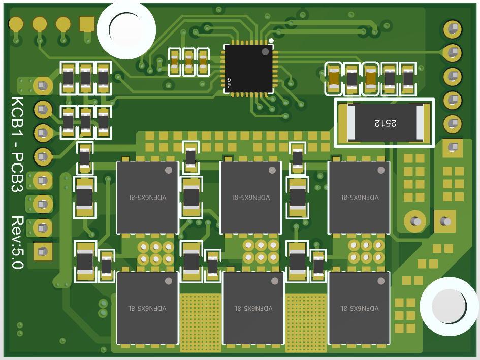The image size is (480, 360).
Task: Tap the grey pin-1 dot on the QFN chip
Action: click(x=265, y=51)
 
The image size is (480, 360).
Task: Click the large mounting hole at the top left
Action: click(x=126, y=29)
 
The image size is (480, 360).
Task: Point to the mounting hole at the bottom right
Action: click(x=449, y=306)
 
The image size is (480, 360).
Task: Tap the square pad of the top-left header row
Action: click(x=87, y=23)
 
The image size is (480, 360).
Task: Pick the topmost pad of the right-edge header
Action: click(x=452, y=29)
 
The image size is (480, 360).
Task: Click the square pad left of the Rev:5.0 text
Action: click(x=42, y=251)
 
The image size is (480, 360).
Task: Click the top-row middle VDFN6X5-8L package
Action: click(x=250, y=197)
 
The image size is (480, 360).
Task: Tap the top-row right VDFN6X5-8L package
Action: click(x=359, y=197)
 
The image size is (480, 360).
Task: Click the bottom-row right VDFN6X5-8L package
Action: click(x=359, y=308)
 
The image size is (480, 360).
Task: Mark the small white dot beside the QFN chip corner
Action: click(x=271, y=41)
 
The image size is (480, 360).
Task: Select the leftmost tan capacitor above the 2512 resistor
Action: click(x=334, y=79)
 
